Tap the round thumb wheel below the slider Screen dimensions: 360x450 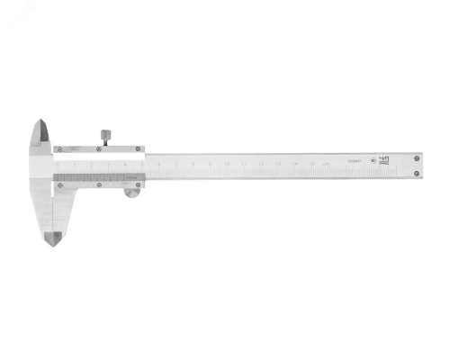(132, 191)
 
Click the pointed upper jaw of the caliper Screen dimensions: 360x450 (40, 135)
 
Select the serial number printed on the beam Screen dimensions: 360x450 (354, 163)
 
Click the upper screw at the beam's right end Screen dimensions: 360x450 (416, 158)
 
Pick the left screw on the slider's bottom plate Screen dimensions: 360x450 (60, 186)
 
